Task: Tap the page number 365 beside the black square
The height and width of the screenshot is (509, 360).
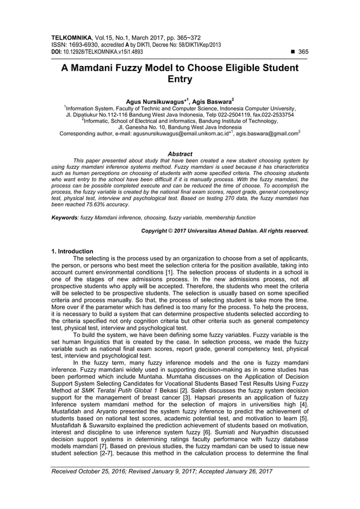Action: point(303,51)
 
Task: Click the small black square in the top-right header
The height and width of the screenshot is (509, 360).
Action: point(291,51)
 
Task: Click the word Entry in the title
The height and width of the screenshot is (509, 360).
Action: point(180,80)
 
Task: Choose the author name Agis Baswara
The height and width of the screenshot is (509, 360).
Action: point(213,102)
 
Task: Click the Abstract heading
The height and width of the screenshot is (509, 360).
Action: point(180,153)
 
